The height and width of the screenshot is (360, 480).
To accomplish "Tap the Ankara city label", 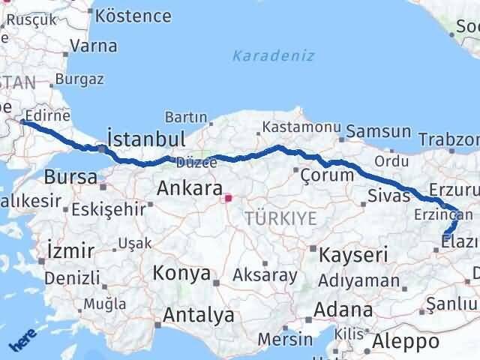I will click(x=189, y=189).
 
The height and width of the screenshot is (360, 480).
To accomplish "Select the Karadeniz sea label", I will click(x=273, y=55).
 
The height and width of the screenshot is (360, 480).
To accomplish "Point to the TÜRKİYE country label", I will click(x=280, y=218).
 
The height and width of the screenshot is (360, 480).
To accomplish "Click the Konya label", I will click(x=181, y=273).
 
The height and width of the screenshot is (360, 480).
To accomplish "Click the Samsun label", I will click(x=379, y=132).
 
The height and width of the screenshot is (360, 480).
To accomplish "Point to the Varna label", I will click(x=93, y=46).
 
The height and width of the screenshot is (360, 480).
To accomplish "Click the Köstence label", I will click(x=134, y=15).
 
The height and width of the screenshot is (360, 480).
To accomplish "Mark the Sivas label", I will click(x=389, y=196).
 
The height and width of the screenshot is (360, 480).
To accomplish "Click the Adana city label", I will click(x=344, y=309).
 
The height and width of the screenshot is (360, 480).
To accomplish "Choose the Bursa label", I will click(x=70, y=178).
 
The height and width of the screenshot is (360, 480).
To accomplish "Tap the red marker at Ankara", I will click(x=230, y=199).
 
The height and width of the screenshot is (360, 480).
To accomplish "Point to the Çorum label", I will click(x=326, y=175).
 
